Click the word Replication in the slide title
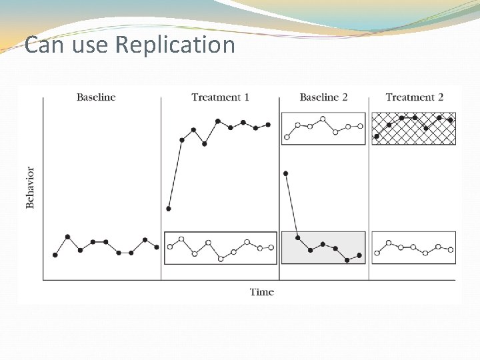coord(175,45)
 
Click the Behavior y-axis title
coord(30,187)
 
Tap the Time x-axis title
coord(262,292)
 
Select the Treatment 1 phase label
coord(220,97)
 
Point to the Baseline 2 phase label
coord(323,97)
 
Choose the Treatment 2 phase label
coord(414,97)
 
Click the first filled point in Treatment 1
coord(169,209)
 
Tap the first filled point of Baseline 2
coord(286,173)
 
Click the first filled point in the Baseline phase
coord(55,255)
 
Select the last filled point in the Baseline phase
coord(157,247)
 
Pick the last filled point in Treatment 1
coord(268,124)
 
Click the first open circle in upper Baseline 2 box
coord(287,137)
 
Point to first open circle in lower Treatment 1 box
coord(170,247)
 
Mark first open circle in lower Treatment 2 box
coord(377,253)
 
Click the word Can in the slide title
coord(39,45)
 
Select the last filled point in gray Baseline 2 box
coord(359,255)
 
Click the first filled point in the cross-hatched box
coord(377,137)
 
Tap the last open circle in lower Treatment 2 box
coord(451,250)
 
